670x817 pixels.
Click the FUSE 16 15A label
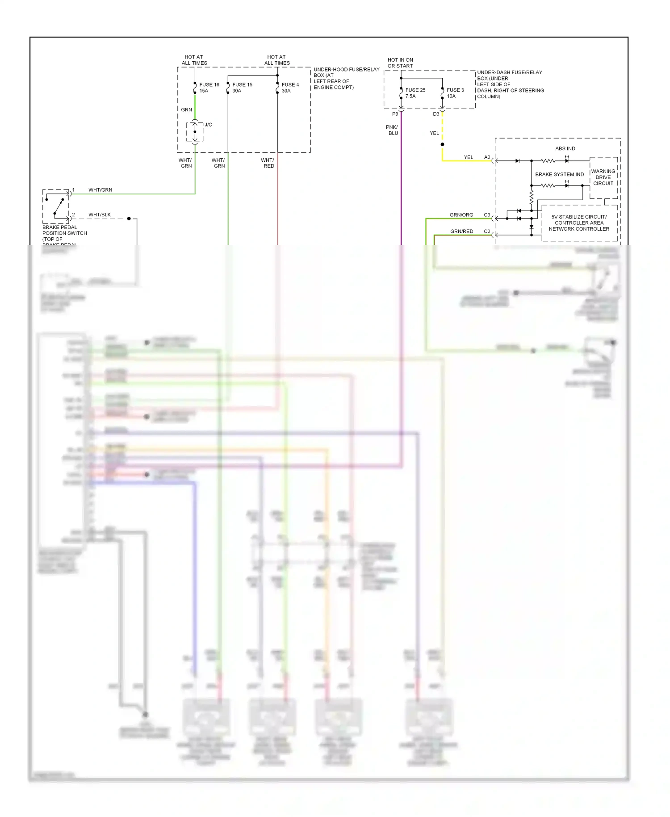209,88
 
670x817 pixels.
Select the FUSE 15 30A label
242,88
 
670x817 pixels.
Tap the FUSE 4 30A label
290,88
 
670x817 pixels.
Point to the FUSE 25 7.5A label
415,93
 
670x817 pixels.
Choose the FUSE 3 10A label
455,93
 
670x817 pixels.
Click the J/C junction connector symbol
195,132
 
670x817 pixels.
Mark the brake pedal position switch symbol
56,206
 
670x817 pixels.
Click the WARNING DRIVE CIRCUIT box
603,177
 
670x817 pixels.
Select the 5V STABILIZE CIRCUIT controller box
579,223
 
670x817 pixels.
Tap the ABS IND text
565,148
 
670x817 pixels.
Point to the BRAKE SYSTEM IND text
559,174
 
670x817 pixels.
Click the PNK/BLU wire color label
392,130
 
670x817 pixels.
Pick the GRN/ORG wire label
461,215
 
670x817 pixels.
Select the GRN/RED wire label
461,232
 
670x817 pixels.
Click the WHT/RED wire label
268,163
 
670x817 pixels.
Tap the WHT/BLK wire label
100,215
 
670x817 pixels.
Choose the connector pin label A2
487,157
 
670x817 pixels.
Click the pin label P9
395,114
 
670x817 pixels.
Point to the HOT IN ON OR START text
400,63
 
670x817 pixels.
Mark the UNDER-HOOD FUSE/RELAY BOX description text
346,78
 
